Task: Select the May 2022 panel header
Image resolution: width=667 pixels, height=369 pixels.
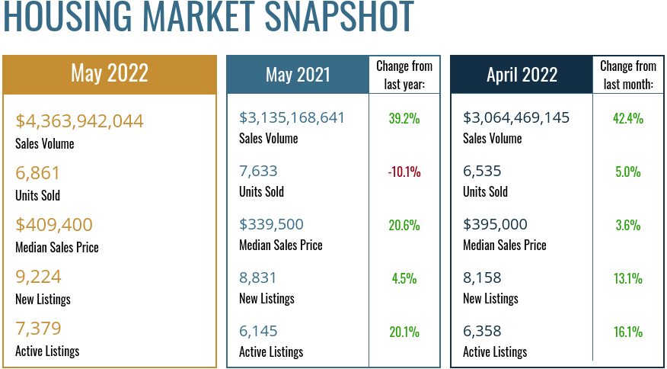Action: pos(110,73)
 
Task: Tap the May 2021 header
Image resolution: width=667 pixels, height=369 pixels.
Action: pos(298,74)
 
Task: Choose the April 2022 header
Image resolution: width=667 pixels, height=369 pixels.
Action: pos(522,74)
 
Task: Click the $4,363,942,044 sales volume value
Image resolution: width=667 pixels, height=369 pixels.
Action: pos(79,121)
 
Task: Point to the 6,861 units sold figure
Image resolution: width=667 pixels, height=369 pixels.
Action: pos(37,173)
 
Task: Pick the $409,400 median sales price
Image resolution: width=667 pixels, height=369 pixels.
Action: pos(54,225)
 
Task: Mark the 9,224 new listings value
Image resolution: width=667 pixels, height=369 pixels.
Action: pos(38,277)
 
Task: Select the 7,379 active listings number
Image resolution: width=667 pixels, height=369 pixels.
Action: pos(38,329)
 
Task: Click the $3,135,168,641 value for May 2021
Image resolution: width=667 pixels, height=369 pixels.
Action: pos(292,118)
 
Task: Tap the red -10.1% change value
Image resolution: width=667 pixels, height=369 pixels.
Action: pos(404,172)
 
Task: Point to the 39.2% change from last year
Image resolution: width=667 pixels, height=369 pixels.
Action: pos(404,118)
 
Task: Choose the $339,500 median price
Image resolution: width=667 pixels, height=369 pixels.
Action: pos(271,225)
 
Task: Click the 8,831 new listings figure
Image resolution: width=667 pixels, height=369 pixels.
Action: pos(258,278)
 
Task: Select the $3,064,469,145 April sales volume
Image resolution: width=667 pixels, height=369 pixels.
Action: pos(516,118)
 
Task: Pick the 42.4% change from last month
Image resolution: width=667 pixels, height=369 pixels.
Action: pos(628,118)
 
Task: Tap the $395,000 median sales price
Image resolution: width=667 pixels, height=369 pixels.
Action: pos(495,225)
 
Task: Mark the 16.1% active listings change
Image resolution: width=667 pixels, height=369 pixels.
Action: pos(628,332)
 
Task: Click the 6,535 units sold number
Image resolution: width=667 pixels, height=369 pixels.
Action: pos(482,172)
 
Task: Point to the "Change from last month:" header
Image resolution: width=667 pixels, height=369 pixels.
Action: pos(628,75)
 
